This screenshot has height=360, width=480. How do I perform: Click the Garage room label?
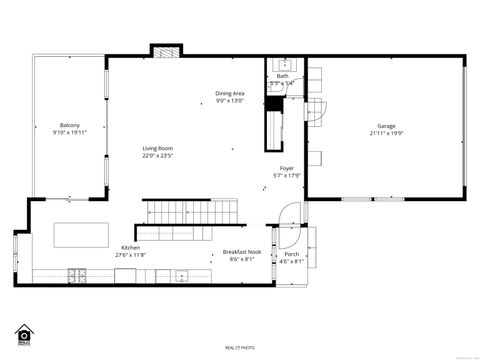385,126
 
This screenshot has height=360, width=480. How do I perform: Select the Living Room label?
157,148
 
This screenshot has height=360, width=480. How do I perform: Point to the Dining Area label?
230,94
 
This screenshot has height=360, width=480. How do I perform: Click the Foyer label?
287,169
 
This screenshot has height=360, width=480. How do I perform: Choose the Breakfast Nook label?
241,253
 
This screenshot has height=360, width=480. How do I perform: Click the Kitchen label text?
131,247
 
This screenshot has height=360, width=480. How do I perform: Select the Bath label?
283,76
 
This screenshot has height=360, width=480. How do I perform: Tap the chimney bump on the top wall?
165,50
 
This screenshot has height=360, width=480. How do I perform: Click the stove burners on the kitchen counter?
77,275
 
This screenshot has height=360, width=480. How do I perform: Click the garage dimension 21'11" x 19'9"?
385,133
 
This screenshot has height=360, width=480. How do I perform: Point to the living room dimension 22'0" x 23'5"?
157,156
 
